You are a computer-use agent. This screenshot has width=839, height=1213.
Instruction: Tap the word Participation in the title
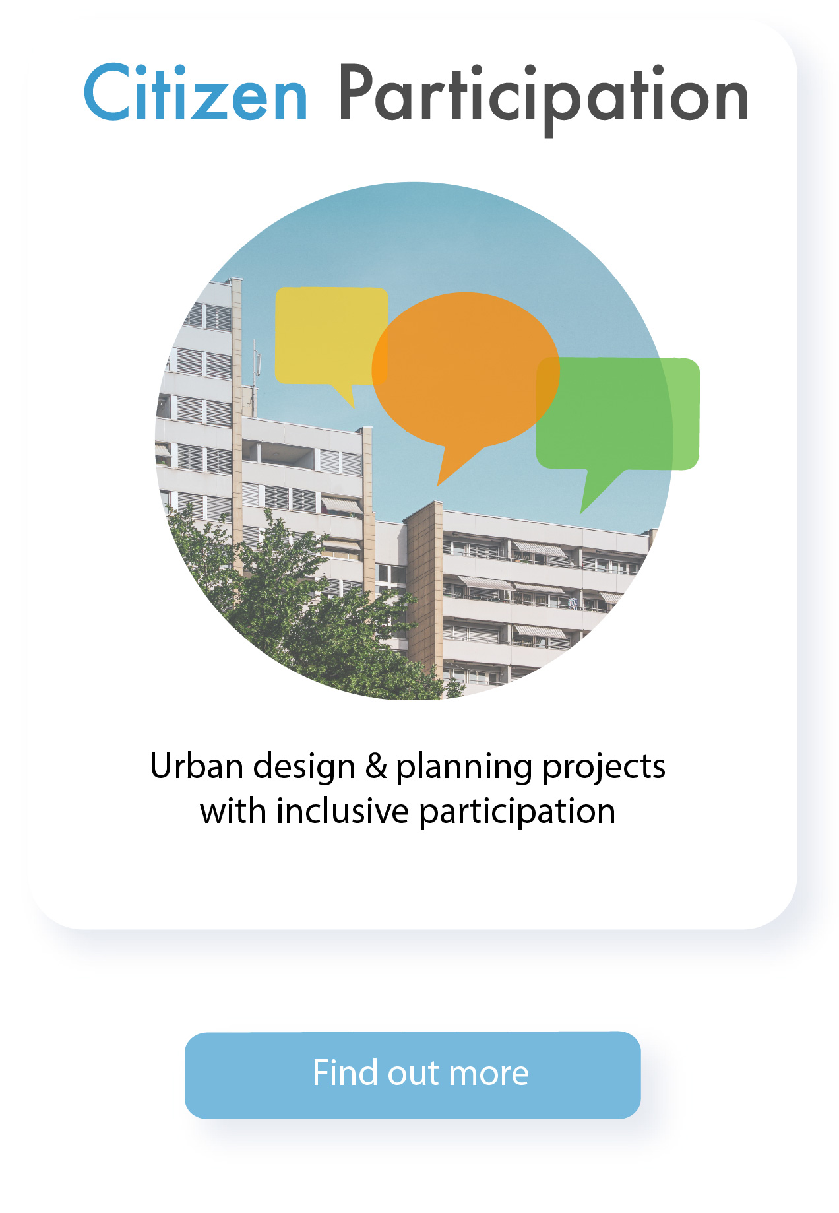544,98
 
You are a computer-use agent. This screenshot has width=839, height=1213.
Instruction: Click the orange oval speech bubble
465,370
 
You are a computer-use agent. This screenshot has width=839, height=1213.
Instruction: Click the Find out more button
413,1075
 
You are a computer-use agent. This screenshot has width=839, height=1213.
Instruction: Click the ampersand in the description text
376,766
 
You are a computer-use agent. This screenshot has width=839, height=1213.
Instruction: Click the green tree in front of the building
297,607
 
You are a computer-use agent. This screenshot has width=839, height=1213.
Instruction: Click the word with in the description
233,810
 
